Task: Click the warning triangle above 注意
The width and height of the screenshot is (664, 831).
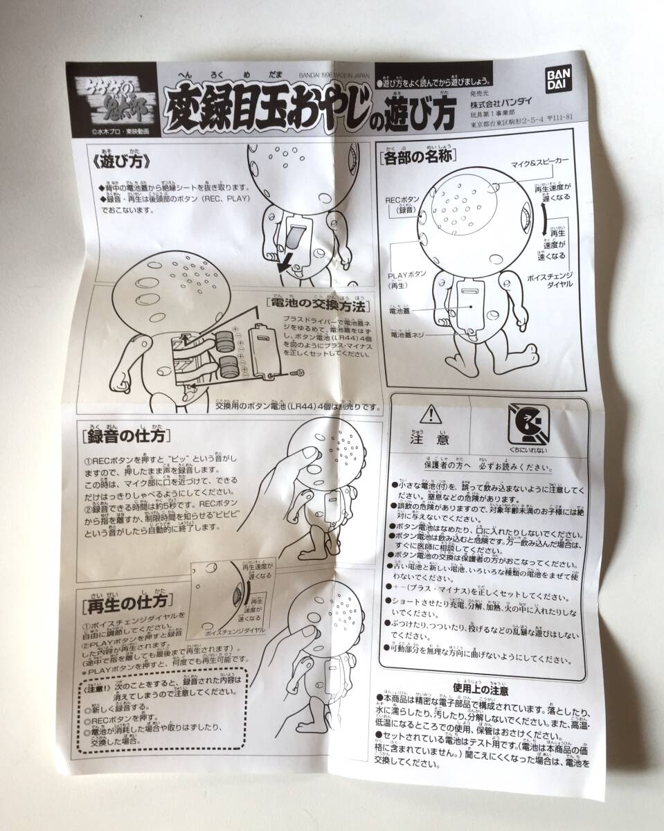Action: click(431, 415)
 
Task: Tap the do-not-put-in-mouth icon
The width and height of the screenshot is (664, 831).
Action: click(529, 422)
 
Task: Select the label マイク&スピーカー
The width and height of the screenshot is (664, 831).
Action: click(540, 161)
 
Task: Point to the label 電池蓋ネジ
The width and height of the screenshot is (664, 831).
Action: click(413, 334)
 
